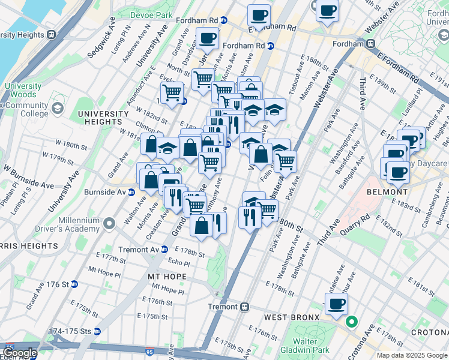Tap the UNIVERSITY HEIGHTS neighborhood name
pos(103,118)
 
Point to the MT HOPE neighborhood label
pos(167,277)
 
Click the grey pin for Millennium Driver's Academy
pos(109,224)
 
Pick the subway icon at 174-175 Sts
pos(97,331)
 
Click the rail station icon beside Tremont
pos(245,307)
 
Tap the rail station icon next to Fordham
pos(372,43)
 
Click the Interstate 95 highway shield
pos(8,347)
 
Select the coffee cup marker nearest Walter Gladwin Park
pos(336,304)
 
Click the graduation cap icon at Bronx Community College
pos(57,109)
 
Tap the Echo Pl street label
pos(179,263)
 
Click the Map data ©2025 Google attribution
pos(412,355)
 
